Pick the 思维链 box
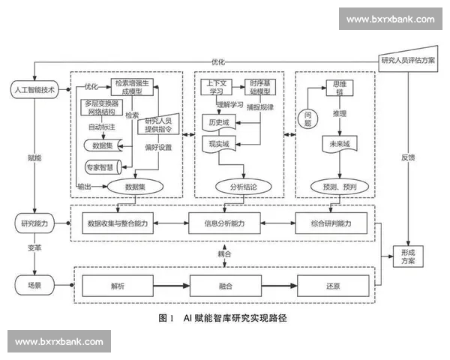334,86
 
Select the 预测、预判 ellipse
334,186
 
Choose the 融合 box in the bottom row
225,286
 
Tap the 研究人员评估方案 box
408,61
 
